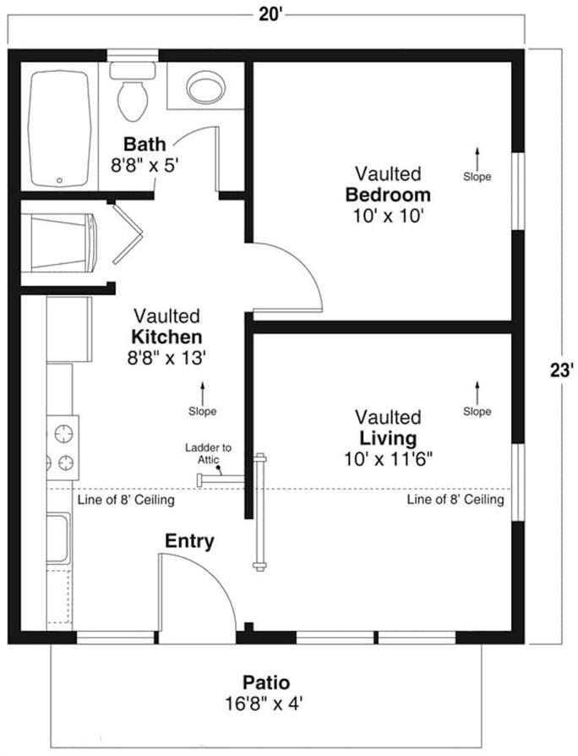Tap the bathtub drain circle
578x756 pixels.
[x=59, y=180]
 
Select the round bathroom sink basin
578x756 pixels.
[x=206, y=87]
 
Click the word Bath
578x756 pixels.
[x=144, y=144]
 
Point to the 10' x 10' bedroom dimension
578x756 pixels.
[x=388, y=216]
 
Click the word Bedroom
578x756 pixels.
[x=388, y=194]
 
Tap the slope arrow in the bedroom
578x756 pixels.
[x=477, y=158]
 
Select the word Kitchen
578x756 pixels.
[x=166, y=337]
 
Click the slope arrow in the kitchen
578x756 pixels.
[x=202, y=393]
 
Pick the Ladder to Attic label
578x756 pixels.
[x=208, y=454]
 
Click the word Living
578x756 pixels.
[x=388, y=438]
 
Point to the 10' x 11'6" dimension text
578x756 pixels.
[x=388, y=459]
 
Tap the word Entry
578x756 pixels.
[x=189, y=541]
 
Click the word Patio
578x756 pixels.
[x=266, y=682]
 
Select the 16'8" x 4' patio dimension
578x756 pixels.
[x=264, y=704]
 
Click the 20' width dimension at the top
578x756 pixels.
[x=270, y=14]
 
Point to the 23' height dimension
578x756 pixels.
[x=562, y=370]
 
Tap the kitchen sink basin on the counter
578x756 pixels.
[x=57, y=538]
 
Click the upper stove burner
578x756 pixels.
[x=63, y=433]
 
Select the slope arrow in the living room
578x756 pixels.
[x=477, y=393]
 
